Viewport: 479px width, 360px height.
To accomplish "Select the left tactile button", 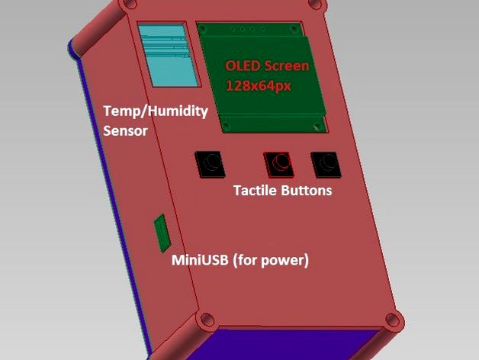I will (210, 162).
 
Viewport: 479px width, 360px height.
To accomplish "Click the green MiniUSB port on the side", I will (162, 233).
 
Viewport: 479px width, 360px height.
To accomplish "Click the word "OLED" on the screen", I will (243, 66).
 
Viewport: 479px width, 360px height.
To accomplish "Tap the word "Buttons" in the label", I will (306, 191).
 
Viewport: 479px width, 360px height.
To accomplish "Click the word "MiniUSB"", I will (197, 260).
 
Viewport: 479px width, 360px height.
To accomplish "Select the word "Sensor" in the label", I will (124, 130).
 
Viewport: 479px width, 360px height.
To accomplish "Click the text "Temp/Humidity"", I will (156, 111).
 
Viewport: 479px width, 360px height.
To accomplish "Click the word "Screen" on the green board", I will (287, 66).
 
